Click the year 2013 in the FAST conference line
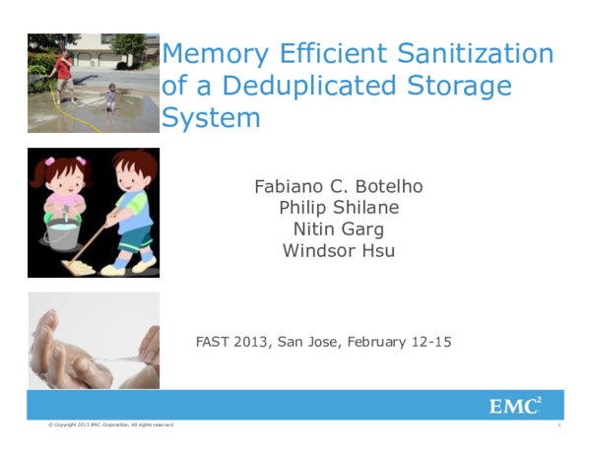(251, 343)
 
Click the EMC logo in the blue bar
(515, 405)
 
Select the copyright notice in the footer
(111, 425)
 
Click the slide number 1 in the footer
(558, 425)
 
